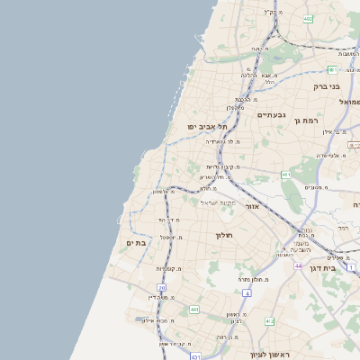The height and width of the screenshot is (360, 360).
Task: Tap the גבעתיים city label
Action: [x=271, y=114]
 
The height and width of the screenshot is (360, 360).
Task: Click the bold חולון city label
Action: [x=224, y=235]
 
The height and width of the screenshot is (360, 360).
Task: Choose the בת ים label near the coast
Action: [x=136, y=242]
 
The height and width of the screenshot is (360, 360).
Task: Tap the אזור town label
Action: [x=252, y=206]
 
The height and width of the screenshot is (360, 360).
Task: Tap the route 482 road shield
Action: [x=308, y=18]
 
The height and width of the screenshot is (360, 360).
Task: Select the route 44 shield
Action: [x=298, y=266]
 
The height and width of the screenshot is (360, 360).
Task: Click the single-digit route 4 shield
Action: [x=246, y=293]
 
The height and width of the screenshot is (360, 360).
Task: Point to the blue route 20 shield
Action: [x=161, y=289]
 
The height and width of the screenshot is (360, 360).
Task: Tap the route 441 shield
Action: [x=193, y=310]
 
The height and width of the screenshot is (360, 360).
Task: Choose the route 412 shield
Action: [x=269, y=321]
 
